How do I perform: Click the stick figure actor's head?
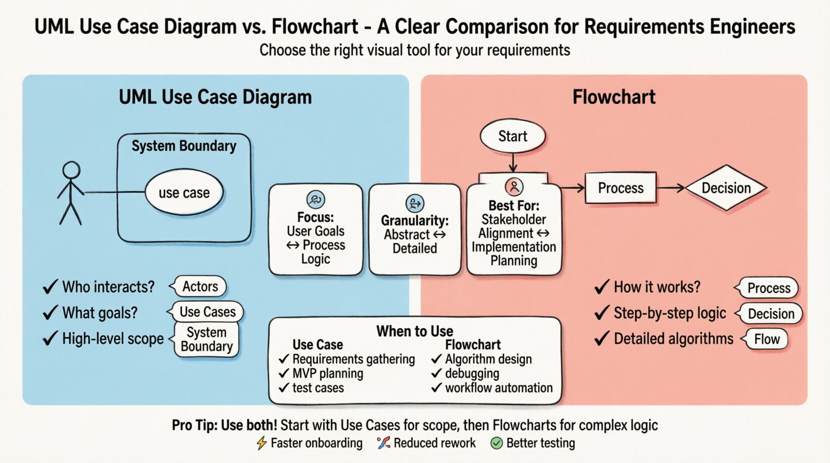pyautogui.click(x=71, y=170)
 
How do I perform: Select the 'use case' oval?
pyautogui.click(x=184, y=193)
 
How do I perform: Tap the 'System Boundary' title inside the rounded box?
pyautogui.click(x=184, y=146)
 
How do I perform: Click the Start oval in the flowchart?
pyautogui.click(x=512, y=136)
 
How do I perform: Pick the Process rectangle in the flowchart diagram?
pyautogui.click(x=621, y=188)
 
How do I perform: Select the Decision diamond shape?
pyautogui.click(x=726, y=188)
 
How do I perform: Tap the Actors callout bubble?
pyautogui.click(x=200, y=286)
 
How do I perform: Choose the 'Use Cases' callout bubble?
pyautogui.click(x=207, y=312)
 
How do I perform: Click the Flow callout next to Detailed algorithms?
pyautogui.click(x=767, y=339)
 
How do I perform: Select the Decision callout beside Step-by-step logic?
pyautogui.click(x=771, y=314)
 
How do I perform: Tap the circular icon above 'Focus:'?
pyautogui.click(x=315, y=200)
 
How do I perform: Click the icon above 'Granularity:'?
pyautogui.click(x=415, y=203)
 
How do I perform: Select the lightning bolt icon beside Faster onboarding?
pyautogui.click(x=261, y=443)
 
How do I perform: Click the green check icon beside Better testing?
pyautogui.click(x=496, y=443)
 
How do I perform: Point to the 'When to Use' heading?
pyautogui.click(x=415, y=331)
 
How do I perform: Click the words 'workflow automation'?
pyautogui.click(x=499, y=388)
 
